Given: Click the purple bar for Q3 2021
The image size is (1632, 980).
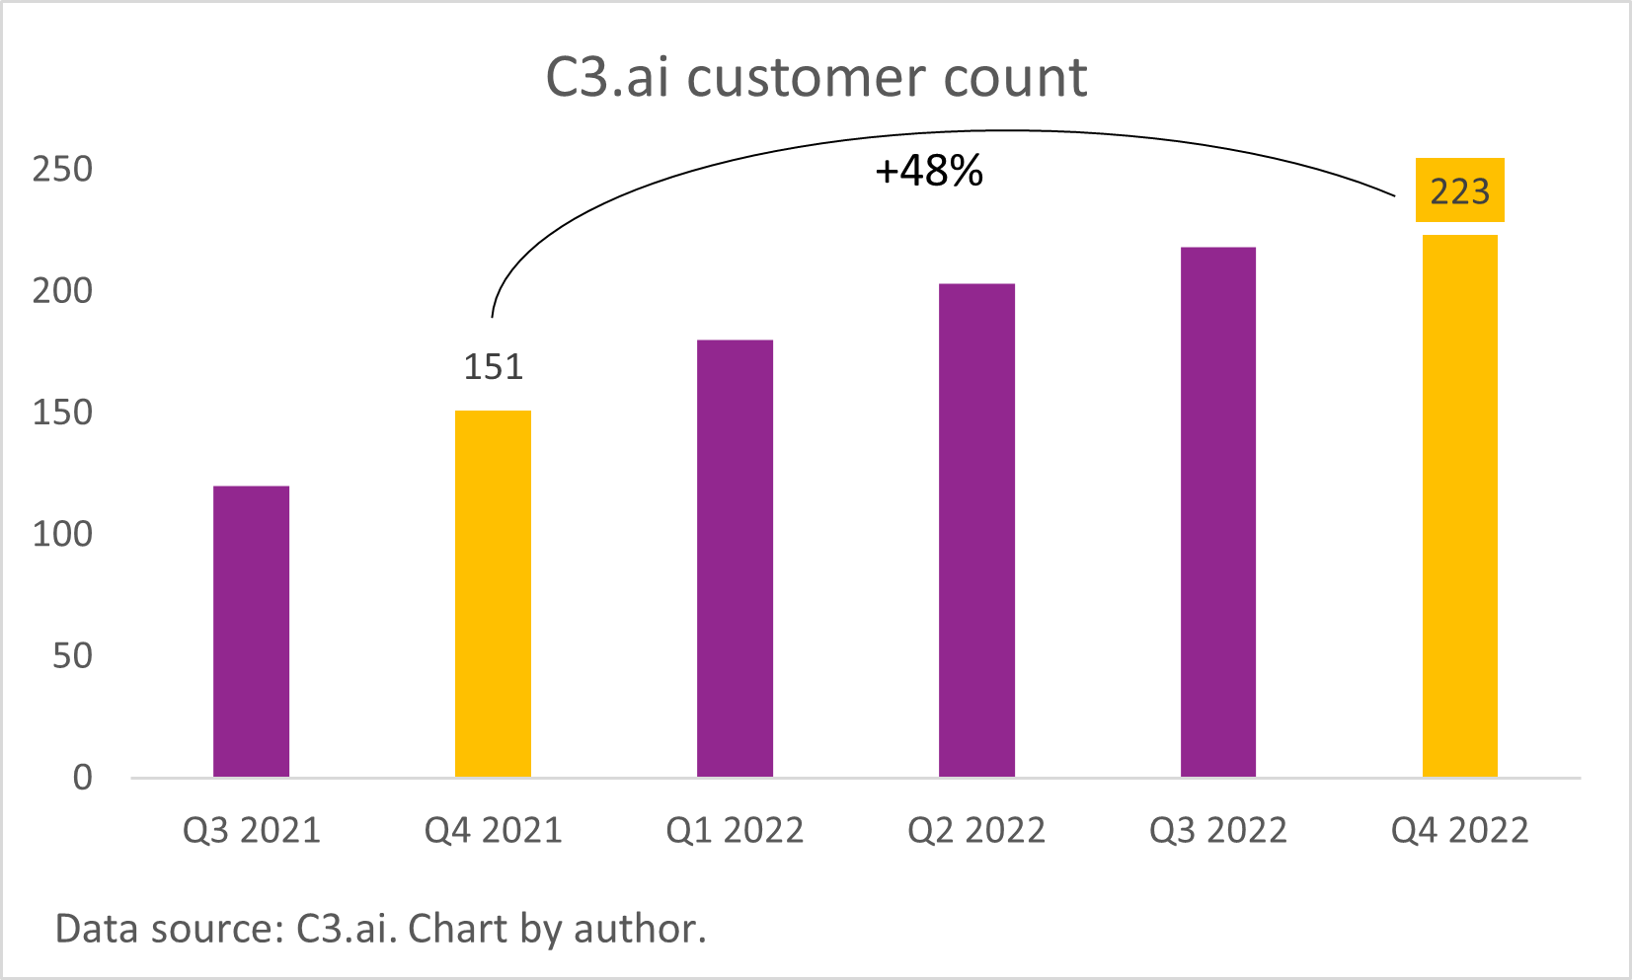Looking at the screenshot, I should point(251,632).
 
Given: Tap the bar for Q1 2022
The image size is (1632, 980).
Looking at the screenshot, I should point(735,559).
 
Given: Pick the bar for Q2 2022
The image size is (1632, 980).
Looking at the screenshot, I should point(976,531).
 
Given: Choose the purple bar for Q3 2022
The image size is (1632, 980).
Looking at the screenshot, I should point(1218,512).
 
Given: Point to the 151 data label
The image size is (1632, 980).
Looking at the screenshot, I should point(493,367).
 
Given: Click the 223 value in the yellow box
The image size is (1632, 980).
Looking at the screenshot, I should point(1459,190).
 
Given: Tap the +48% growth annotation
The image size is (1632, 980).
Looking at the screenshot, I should point(929,172).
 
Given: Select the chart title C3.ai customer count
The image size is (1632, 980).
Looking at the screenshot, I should point(816,77).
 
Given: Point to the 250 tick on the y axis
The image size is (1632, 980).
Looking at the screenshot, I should point(62,169).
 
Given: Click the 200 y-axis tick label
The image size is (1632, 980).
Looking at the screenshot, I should point(62,291).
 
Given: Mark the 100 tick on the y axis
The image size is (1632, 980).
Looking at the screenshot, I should point(62,534).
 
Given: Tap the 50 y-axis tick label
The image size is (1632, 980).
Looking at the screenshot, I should point(72,656).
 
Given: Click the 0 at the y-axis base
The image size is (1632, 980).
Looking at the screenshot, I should point(83,778).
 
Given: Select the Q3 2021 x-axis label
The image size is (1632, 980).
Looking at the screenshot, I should point(252,831).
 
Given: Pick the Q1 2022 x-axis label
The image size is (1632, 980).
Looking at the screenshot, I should point(735,831).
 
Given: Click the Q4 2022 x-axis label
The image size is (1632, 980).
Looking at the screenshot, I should point(1459,831).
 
